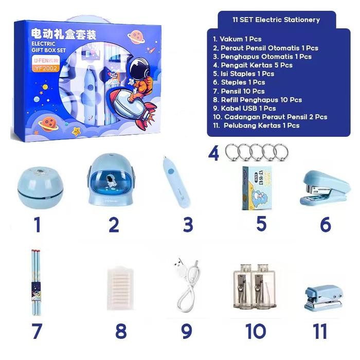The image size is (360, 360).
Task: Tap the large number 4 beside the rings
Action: [214, 153]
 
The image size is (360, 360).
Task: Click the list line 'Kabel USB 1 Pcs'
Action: [244, 109]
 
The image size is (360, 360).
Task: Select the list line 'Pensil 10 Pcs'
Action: [239, 91]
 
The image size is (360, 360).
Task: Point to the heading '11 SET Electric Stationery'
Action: [276, 20]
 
